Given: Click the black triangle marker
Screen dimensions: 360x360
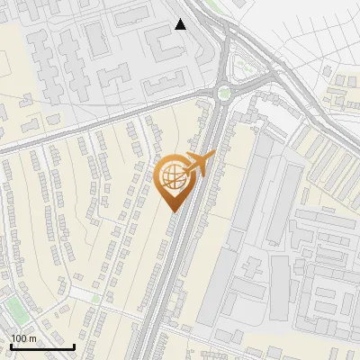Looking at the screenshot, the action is (x=181, y=24).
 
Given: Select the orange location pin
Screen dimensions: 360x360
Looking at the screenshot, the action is (x=175, y=181).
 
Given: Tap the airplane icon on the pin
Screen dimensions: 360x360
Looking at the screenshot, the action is (x=201, y=163).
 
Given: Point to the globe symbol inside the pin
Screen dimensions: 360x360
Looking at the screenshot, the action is (x=175, y=177).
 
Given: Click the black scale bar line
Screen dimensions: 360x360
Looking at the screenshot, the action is (x=42, y=346).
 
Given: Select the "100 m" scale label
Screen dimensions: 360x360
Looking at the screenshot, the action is (x=23, y=338).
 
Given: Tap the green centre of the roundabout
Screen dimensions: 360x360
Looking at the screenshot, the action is (x=224, y=93).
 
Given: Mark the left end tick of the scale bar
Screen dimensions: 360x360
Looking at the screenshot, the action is (x=11, y=346).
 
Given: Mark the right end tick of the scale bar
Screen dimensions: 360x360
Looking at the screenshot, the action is (x=74, y=346).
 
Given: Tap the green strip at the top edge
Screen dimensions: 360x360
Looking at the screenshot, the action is (x=212, y=4).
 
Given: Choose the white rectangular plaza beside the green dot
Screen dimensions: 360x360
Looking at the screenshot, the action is (x=80, y=294).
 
